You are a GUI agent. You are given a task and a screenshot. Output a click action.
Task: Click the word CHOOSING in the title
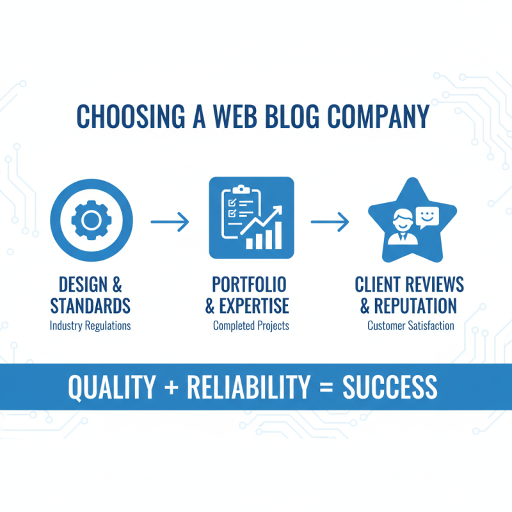click(x=131, y=116)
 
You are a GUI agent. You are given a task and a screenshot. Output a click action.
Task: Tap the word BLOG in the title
click(x=292, y=116)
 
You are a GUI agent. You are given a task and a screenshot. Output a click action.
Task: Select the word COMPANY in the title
click(x=378, y=116)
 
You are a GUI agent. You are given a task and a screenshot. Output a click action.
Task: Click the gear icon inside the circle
click(x=92, y=220)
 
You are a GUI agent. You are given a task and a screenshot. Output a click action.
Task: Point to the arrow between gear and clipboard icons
click(x=170, y=221)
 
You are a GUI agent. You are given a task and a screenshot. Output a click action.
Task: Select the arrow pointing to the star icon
click(x=330, y=221)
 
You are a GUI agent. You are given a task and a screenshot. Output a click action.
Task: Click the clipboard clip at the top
click(x=241, y=189)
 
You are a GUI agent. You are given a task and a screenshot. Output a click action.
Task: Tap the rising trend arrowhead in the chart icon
click(x=277, y=211)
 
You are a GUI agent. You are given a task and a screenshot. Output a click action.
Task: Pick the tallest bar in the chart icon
click(x=278, y=236)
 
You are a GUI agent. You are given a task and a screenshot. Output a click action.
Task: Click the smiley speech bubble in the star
click(x=427, y=218)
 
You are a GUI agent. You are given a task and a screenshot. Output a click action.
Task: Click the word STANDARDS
click(x=90, y=306)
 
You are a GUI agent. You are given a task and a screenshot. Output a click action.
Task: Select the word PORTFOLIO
click(x=249, y=284)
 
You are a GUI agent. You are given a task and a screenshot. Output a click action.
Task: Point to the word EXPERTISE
click(x=254, y=306)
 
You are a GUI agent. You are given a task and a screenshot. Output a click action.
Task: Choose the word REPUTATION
click(x=415, y=306)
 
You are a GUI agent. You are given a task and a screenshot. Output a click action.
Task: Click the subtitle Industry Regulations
click(x=90, y=326)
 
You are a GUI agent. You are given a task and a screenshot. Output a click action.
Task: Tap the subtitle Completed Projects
click(x=251, y=326)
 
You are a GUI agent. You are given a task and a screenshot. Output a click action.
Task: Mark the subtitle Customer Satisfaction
click(x=411, y=326)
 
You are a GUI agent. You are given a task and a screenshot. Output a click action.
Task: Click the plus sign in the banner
click(x=172, y=388)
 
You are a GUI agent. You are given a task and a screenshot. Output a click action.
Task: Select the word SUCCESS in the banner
click(x=390, y=387)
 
